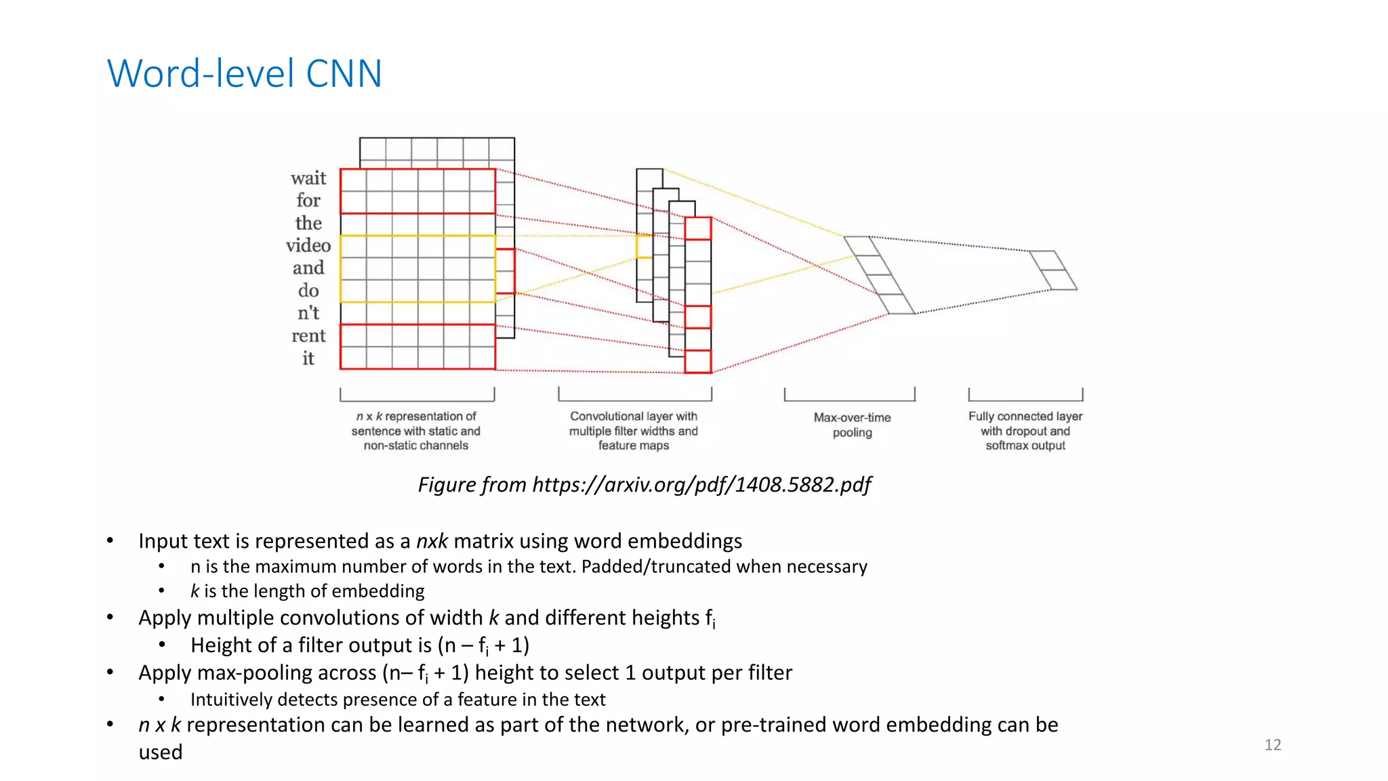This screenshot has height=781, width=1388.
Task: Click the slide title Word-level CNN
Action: (x=245, y=73)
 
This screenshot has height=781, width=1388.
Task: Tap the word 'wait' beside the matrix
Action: (x=308, y=178)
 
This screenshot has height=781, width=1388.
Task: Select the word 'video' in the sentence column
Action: (x=308, y=245)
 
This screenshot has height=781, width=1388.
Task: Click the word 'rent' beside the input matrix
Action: (x=308, y=336)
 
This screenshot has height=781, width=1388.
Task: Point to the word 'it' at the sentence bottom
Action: (x=308, y=358)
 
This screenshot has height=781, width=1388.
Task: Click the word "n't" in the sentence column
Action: (x=308, y=313)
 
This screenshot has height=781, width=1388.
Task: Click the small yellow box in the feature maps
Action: (x=644, y=246)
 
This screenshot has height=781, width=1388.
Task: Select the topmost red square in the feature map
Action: (x=697, y=228)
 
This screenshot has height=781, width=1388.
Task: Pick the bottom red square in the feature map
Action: (x=697, y=361)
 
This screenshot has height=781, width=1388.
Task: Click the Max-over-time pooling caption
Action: (x=852, y=425)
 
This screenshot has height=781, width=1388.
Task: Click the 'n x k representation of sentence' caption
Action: (x=415, y=430)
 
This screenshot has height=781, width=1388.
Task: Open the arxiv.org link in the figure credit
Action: (x=701, y=485)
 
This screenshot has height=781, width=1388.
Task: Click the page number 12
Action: (x=1272, y=745)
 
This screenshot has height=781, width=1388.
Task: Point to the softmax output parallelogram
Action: (x=1053, y=270)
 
